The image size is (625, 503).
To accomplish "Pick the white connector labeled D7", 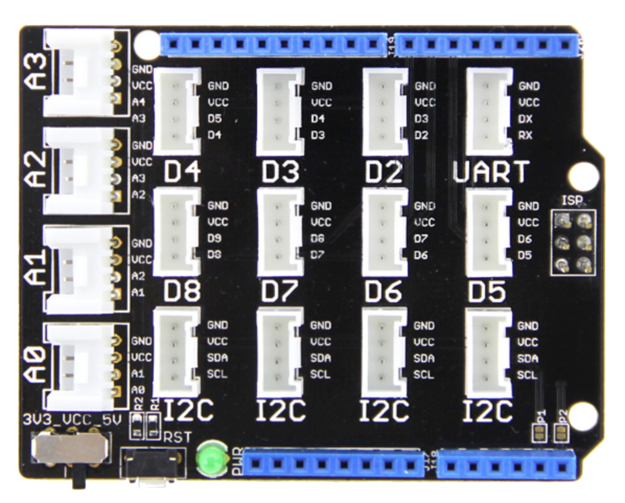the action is (x=280, y=231).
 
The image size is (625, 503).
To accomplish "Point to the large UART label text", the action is (x=490, y=173).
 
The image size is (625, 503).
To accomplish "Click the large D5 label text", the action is (x=486, y=292).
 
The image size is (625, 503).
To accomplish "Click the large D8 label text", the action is (x=182, y=292).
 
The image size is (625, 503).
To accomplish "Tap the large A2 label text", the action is (x=37, y=170).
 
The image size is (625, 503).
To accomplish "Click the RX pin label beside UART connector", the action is (x=525, y=135).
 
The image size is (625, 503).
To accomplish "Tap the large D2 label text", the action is (x=383, y=173).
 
